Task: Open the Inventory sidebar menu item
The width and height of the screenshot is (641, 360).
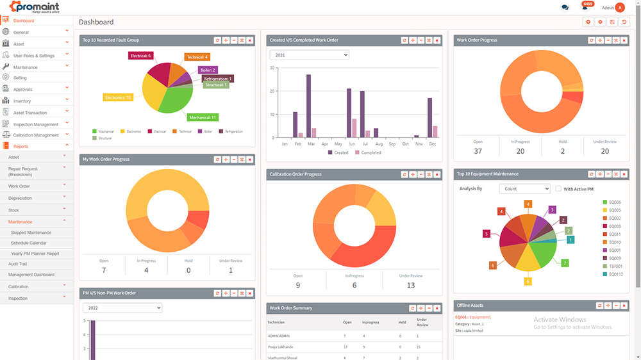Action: tap(22, 101)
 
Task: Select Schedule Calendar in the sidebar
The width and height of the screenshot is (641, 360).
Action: tap(29, 243)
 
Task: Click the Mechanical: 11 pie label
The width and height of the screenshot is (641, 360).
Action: tap(203, 117)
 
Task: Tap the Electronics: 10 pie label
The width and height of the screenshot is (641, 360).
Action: tap(118, 97)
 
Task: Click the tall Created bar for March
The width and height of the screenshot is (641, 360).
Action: tap(308, 106)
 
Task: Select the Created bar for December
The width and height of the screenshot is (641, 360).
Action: tap(429, 117)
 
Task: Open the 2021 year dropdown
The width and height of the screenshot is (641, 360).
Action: tap(309, 55)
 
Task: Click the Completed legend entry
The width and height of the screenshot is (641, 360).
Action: tap(370, 152)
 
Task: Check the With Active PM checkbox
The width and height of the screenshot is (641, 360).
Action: tap(558, 189)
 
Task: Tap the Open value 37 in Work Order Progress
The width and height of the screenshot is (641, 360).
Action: tap(478, 151)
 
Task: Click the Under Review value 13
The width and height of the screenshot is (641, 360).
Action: tap(411, 285)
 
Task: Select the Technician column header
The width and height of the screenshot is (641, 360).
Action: tap(276, 322)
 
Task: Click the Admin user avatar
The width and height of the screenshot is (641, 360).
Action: tap(620, 8)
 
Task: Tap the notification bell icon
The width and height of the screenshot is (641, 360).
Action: tap(584, 8)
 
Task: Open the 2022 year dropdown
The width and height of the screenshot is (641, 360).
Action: tap(122, 308)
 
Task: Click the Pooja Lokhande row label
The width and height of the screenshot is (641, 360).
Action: tap(279, 347)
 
